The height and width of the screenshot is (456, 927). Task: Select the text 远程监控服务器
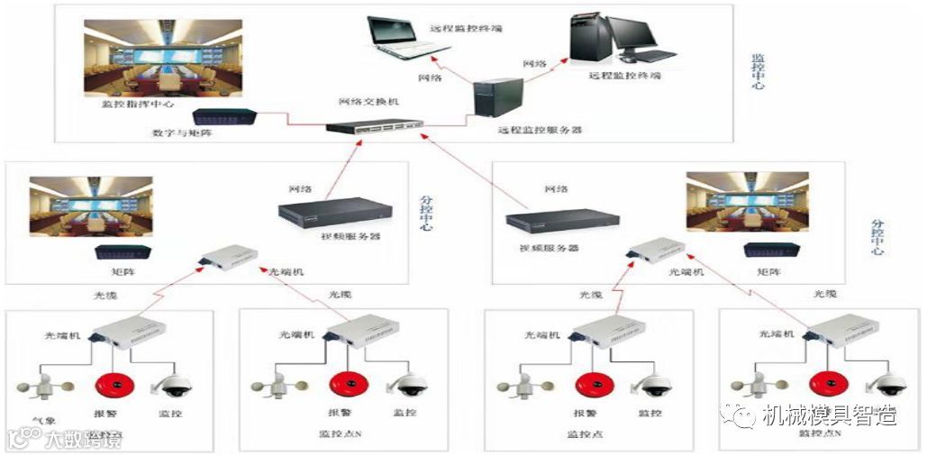click(540, 131)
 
